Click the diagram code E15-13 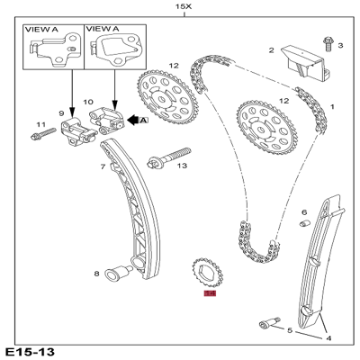coord(30,350)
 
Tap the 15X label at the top coord(184,7)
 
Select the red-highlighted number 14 coord(211,292)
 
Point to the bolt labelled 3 coord(328,41)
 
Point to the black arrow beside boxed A coord(134,118)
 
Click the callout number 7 coord(103,167)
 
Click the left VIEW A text coord(41,29)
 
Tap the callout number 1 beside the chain coord(332,106)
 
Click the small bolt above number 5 coord(265,320)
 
